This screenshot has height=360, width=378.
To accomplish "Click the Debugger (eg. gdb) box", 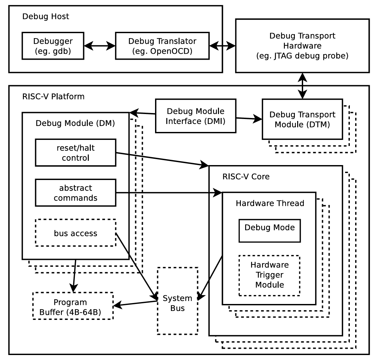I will (x=53, y=46).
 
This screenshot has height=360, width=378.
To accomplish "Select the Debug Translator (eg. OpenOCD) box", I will (x=162, y=46).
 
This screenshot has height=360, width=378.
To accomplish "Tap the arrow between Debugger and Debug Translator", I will (x=99, y=46).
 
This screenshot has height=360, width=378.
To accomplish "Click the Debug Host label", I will (x=46, y=16).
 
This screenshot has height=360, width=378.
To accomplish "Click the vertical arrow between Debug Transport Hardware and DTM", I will (x=302, y=86).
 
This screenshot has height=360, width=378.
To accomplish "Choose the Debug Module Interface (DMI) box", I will (x=195, y=116).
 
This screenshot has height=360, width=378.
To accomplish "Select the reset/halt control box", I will (x=76, y=152).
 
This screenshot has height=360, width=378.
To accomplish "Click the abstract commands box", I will (x=76, y=193).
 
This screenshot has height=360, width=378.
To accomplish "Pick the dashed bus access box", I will (x=76, y=233).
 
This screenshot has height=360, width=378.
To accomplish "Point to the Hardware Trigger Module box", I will (x=269, y=275).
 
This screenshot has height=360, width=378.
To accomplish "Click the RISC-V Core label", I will (x=246, y=176).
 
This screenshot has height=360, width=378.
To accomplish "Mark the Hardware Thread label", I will (x=270, y=203).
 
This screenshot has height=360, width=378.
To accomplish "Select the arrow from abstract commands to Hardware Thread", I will (x=169, y=193).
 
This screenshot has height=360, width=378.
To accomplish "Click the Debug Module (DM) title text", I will (x=75, y=123).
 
